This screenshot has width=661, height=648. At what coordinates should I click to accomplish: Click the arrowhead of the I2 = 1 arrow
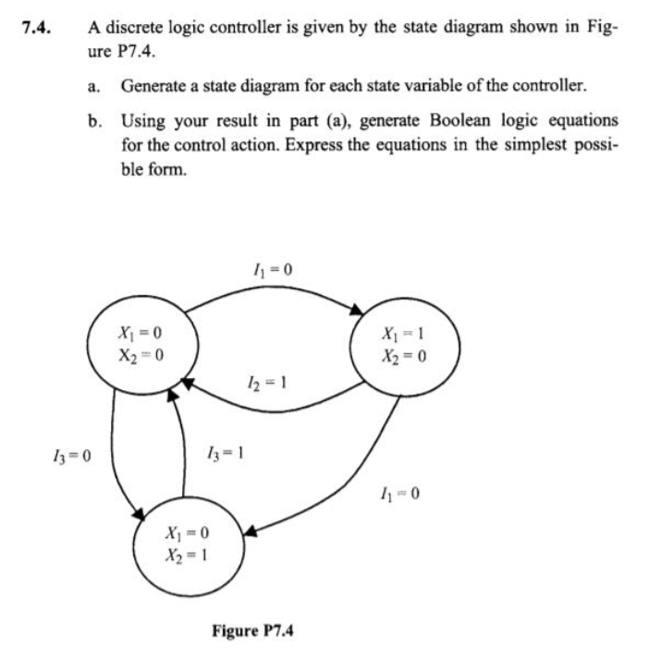coord(185,380)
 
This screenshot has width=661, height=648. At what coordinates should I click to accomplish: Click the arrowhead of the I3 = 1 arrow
coord(172,395)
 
